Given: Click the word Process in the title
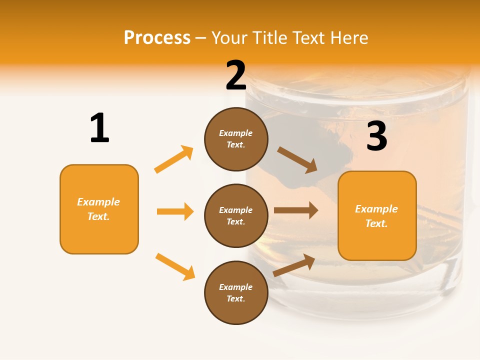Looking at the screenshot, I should tap(157, 38).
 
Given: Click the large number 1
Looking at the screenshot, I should tap(99, 128).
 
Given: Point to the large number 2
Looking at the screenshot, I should tap(236, 75).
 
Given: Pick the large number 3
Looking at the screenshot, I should tap(376, 136).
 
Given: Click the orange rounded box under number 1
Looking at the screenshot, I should tap(99, 209).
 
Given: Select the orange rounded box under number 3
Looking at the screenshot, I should tap(377, 216).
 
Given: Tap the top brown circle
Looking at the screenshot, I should tap(236, 139).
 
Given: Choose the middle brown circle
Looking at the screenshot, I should tap(236, 216).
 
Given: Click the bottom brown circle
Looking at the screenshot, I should tap(236, 293).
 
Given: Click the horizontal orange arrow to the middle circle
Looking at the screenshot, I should tap(175, 211).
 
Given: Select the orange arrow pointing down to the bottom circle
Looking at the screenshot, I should tap(175, 266).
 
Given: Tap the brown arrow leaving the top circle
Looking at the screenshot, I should tap(297, 160).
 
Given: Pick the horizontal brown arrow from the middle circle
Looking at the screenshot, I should tap(296, 210).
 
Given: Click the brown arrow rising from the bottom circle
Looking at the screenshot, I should tap(294, 265).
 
